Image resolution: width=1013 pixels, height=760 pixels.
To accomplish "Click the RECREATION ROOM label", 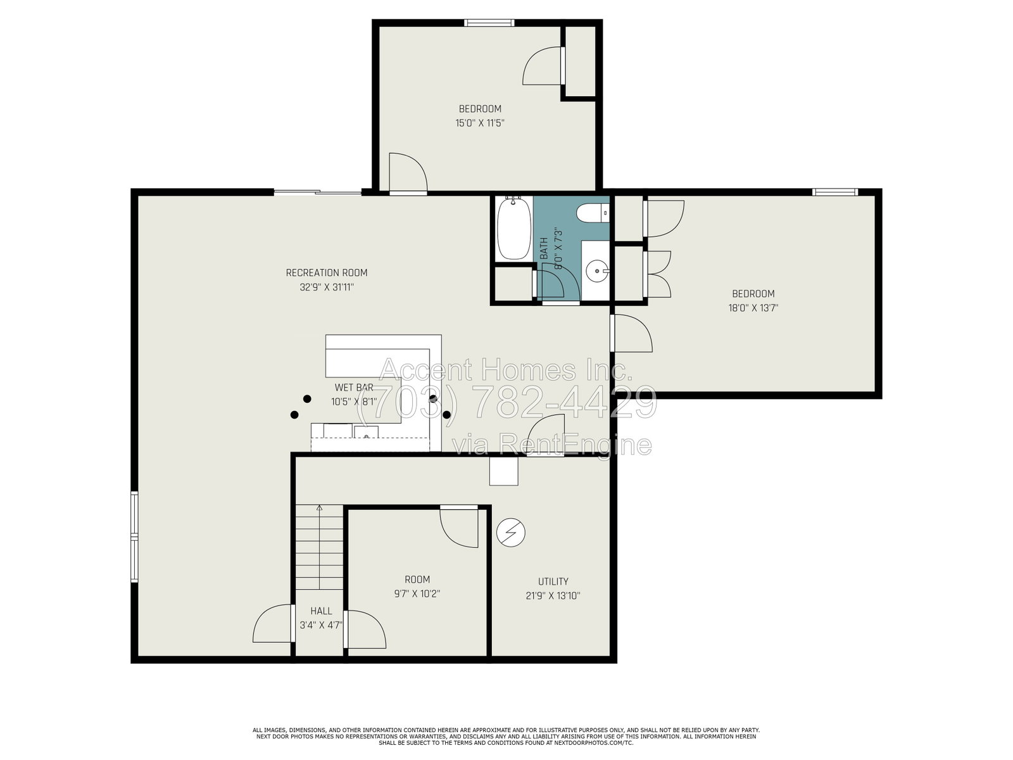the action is (x=326, y=273).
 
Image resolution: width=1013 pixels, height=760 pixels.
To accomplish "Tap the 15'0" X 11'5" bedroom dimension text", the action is (x=480, y=123).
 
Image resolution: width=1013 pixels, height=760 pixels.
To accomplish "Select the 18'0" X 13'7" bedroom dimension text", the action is (x=753, y=308).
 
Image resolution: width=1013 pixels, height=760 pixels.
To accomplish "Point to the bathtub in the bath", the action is (x=514, y=229).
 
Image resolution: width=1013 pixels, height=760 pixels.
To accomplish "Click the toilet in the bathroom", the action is (x=593, y=213).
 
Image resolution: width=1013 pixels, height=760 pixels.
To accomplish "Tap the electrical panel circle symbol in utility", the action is (x=510, y=533).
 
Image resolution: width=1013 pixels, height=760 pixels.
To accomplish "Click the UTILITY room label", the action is (x=553, y=581).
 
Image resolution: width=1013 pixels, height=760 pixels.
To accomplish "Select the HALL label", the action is (x=321, y=611).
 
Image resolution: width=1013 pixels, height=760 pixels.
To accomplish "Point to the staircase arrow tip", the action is (x=319, y=506).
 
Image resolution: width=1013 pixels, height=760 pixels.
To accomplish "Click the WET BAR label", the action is (x=354, y=387).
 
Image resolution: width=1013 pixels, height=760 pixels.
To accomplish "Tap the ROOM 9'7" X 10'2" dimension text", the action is (x=417, y=593).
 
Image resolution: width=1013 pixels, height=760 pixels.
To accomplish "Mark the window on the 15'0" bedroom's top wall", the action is (x=489, y=23).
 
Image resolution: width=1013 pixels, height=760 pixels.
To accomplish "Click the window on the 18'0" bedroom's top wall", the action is (x=835, y=192).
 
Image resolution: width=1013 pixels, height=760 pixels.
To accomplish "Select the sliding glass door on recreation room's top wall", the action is (x=318, y=192).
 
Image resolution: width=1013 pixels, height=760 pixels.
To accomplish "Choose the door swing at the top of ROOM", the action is (x=459, y=528).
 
